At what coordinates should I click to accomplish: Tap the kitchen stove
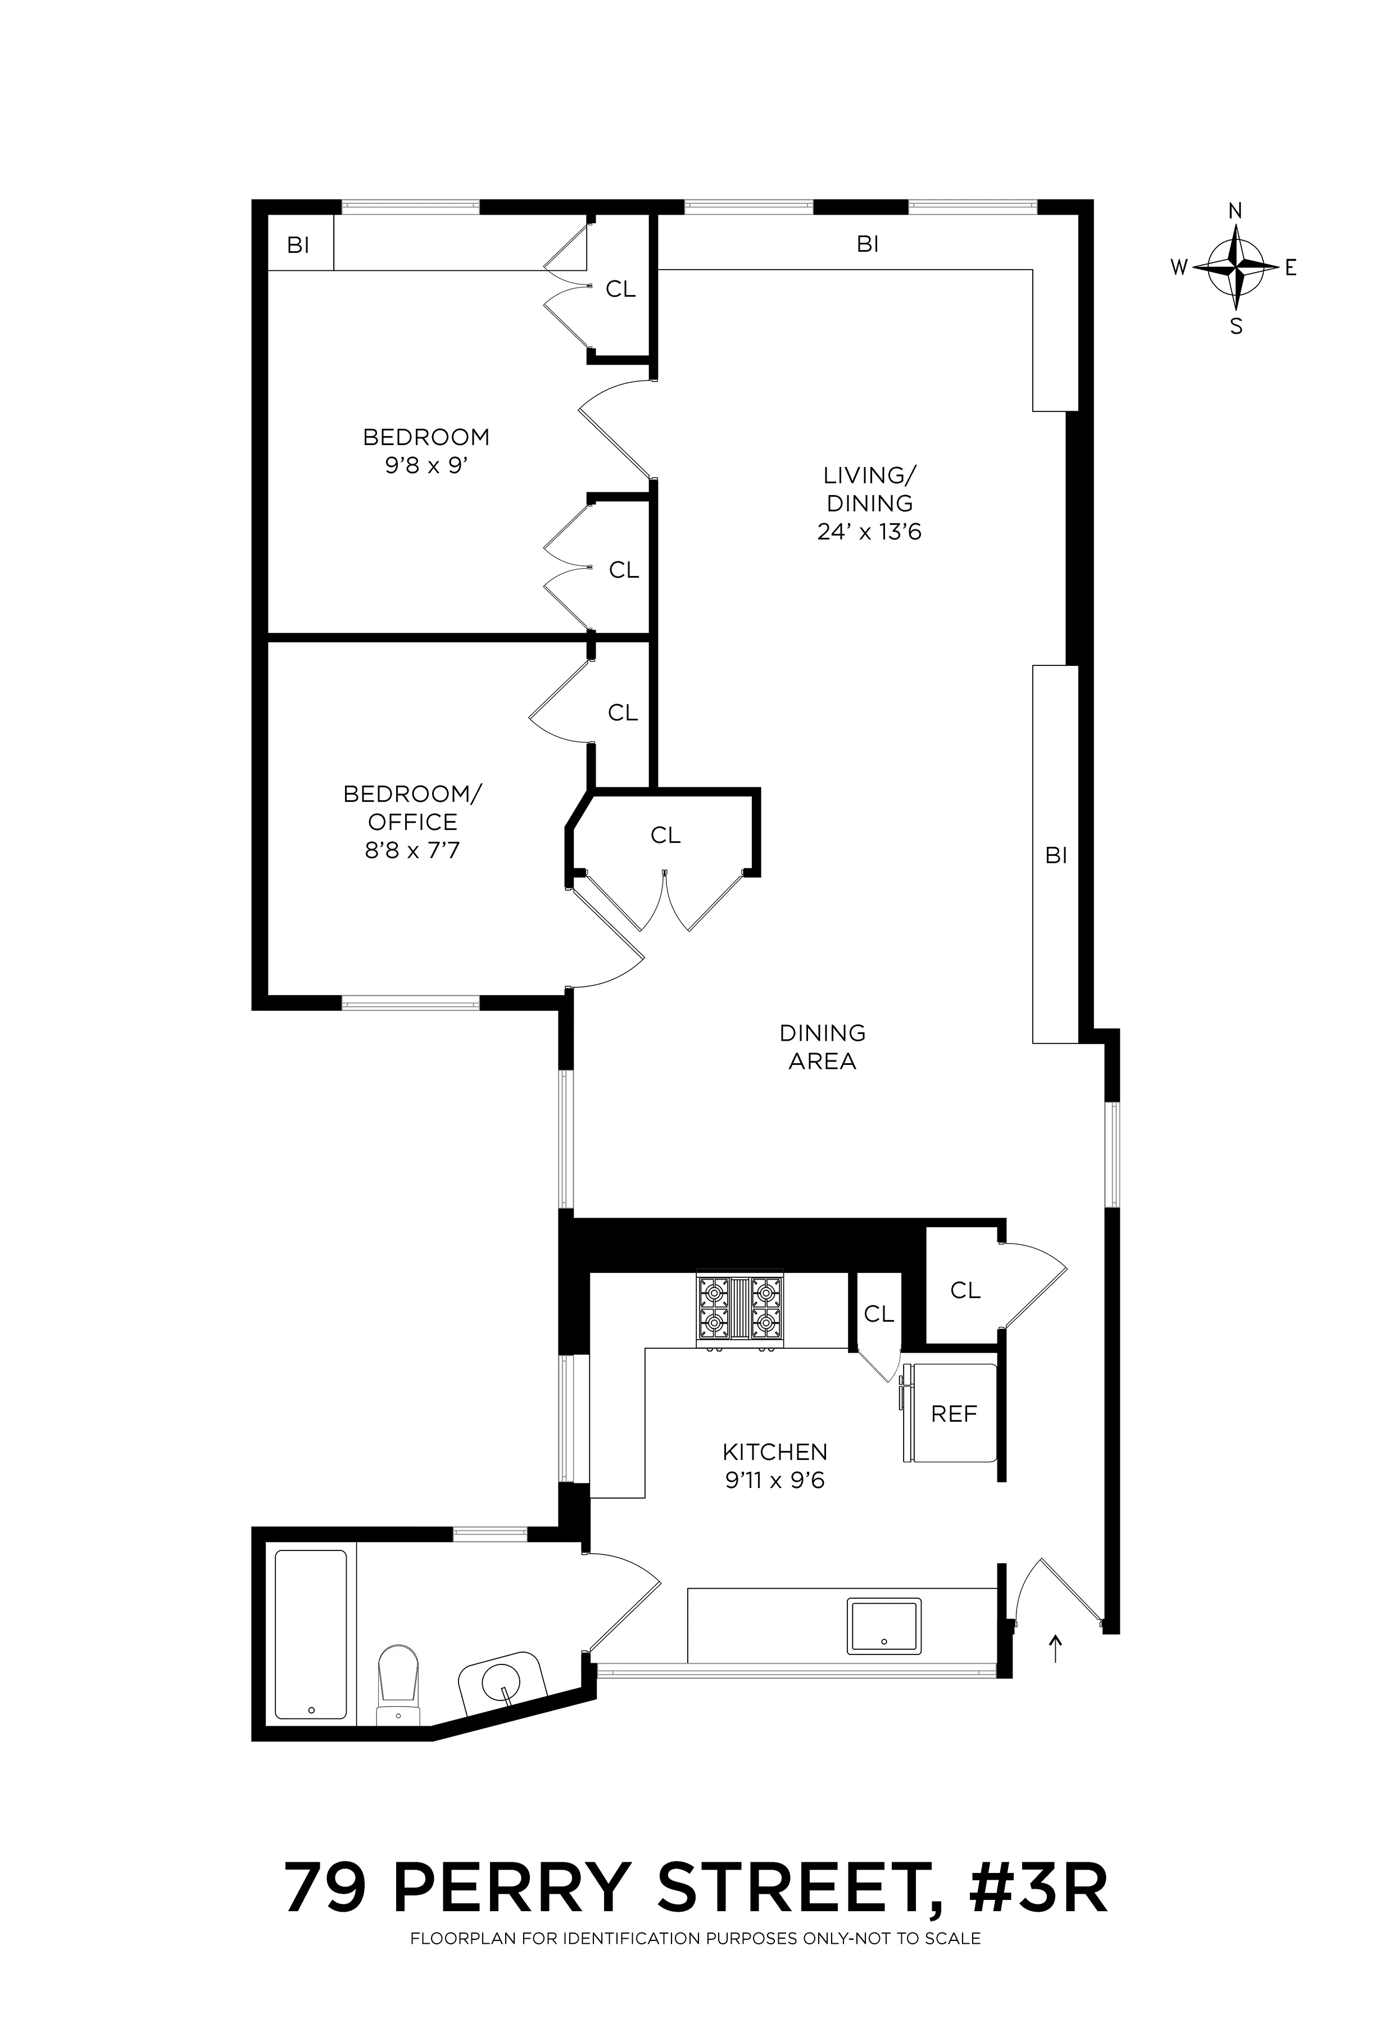[x=740, y=1311]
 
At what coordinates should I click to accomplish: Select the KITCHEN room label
[x=775, y=1452]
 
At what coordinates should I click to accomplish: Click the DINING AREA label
[x=822, y=1047]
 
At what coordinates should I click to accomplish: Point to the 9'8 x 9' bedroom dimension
[x=427, y=465]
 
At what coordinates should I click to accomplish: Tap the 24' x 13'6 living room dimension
[x=869, y=532]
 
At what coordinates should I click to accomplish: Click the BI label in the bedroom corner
[x=298, y=246]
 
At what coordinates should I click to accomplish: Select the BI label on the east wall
[x=1056, y=856]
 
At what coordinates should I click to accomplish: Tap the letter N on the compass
[x=1236, y=210]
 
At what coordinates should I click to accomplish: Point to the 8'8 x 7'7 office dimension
[x=412, y=849]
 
